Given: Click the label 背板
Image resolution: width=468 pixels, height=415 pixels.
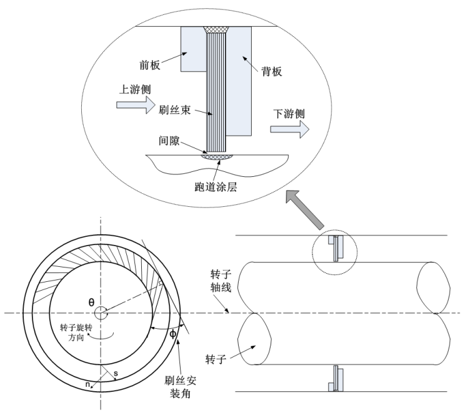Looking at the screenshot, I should tap(272, 71).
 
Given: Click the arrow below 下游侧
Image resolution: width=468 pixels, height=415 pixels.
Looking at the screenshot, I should tap(290, 129).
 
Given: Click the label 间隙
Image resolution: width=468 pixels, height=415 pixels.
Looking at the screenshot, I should tap(167, 142).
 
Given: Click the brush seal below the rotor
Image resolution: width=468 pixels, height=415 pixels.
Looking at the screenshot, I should tap(335, 378).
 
